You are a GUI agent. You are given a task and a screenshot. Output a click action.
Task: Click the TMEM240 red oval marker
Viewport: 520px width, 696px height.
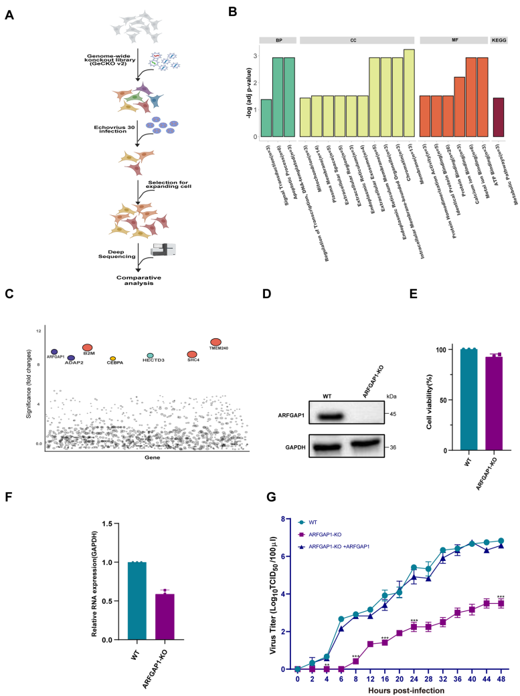coord(215,342)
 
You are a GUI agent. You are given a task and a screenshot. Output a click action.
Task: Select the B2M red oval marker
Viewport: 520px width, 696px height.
coord(87,348)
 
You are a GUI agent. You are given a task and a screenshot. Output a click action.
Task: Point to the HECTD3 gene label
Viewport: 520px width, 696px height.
coord(153,360)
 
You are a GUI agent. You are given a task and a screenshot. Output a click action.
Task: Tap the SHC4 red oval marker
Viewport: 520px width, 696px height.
coord(192,354)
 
